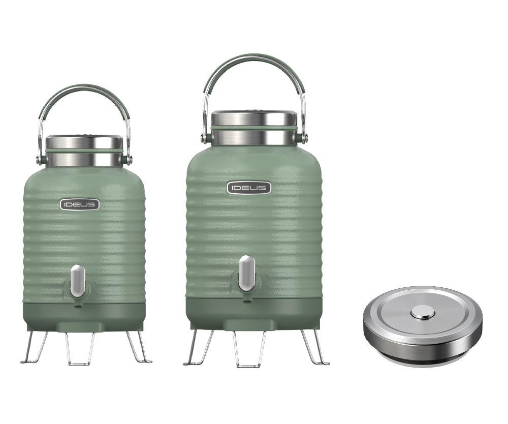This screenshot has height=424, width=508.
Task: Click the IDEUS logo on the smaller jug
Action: coord(80,204)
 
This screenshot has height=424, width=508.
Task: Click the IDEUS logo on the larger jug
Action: coord(249,188)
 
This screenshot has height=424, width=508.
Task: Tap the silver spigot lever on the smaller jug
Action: coord(78,281)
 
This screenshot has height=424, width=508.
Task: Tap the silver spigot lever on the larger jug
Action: coord(246,274)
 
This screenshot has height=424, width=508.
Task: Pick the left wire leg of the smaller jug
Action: coord(34,347)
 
